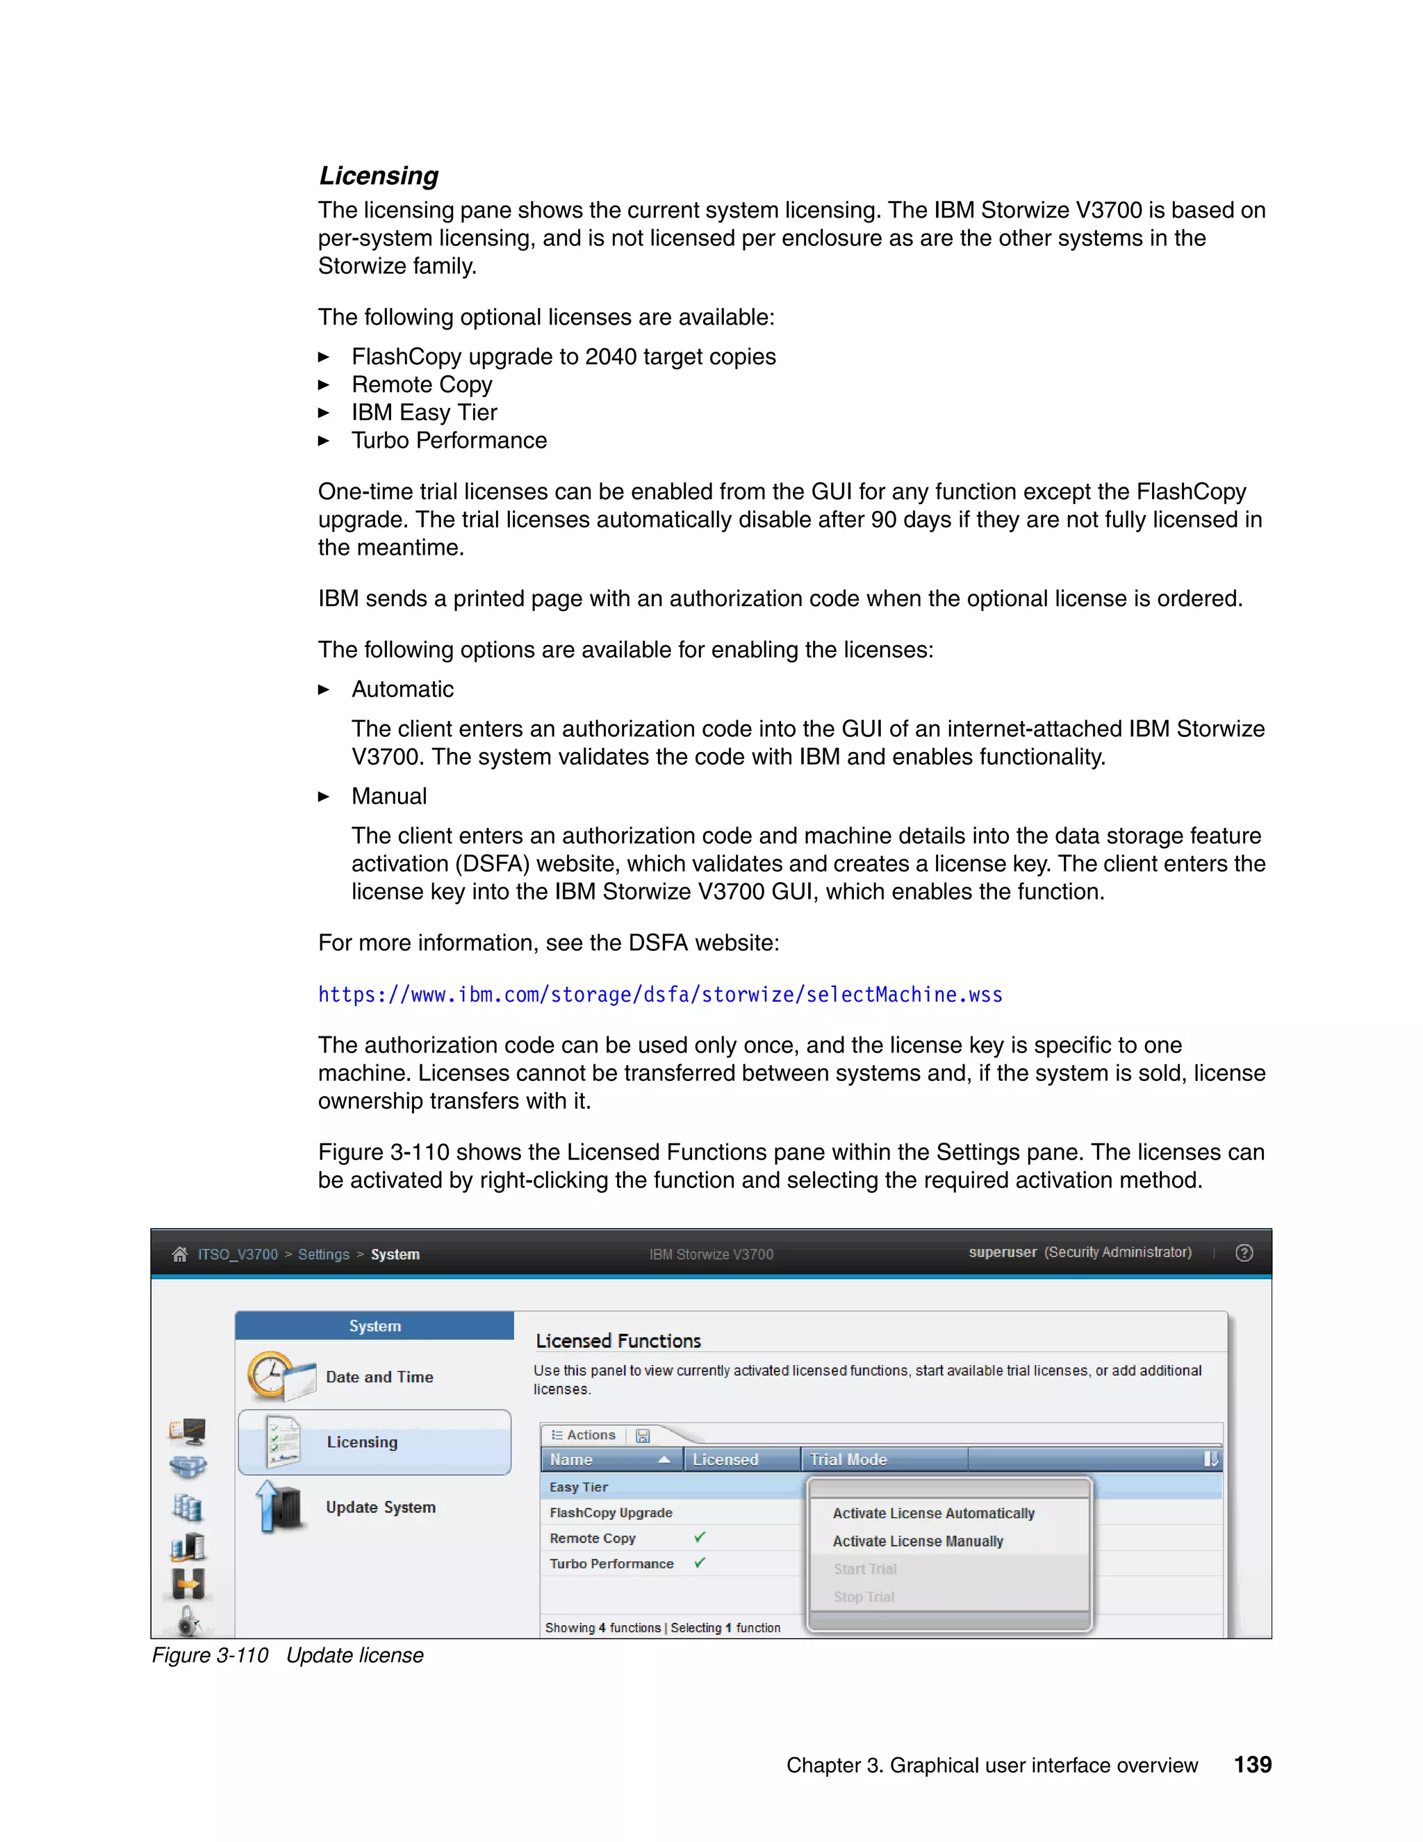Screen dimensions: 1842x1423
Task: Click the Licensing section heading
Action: pyautogui.click(x=379, y=175)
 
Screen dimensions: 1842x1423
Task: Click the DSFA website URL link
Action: pyautogui.click(x=660, y=995)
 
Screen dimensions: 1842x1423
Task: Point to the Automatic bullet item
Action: pyautogui.click(x=402, y=689)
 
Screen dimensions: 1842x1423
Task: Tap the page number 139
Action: pyautogui.click(x=1252, y=1764)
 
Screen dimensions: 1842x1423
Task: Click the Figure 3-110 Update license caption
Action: pyautogui.click(x=288, y=1655)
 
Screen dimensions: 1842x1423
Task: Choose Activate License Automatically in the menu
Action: pyautogui.click(x=933, y=1513)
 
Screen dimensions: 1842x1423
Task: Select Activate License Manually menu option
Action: pyautogui.click(x=917, y=1541)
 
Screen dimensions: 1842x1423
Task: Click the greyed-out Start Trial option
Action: pyautogui.click(x=865, y=1569)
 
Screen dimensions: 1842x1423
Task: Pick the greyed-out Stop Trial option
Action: pyautogui.click(x=864, y=1597)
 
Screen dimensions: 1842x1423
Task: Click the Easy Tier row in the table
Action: pyautogui.click(x=579, y=1487)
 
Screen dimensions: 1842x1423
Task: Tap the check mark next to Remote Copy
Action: pyautogui.click(x=700, y=1538)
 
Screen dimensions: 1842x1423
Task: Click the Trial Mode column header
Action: pyautogui.click(x=848, y=1459)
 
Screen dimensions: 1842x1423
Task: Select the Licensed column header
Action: pyautogui.click(x=725, y=1459)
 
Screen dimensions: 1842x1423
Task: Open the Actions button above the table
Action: pyautogui.click(x=584, y=1435)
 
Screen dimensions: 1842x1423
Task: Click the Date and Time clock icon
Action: pyautogui.click(x=270, y=1375)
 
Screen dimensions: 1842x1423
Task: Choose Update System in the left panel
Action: pyautogui.click(x=380, y=1507)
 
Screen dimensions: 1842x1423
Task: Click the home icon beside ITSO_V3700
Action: pyautogui.click(x=179, y=1254)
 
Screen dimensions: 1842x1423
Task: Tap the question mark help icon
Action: pyautogui.click(x=1244, y=1253)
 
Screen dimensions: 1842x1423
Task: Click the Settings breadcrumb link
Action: pyautogui.click(x=323, y=1254)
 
